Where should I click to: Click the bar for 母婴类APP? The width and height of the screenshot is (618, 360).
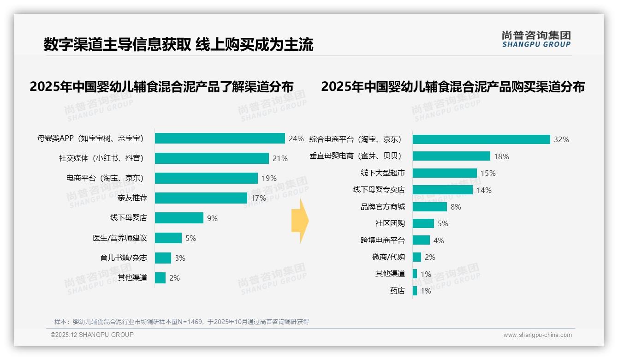coord(220,138)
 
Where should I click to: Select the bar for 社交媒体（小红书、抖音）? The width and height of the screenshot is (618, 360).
coord(212,158)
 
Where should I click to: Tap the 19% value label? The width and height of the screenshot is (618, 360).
coord(269,178)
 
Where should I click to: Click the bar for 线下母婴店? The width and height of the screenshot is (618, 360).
coord(179,218)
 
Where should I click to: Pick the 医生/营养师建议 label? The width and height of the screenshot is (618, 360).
coord(120,238)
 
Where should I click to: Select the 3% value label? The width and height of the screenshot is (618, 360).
coord(180,258)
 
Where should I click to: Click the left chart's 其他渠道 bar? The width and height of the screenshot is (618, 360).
coord(160,278)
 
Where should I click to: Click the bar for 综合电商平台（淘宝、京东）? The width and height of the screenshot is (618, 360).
coord(481,139)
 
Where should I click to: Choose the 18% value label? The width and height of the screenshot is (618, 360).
coord(501,156)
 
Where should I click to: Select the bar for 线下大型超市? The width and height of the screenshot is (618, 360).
coord(445,173)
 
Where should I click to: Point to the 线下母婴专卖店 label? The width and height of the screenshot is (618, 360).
coord(379,190)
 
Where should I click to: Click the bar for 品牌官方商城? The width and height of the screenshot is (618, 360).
coord(430,207)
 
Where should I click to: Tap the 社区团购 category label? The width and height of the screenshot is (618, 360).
coord(390,223)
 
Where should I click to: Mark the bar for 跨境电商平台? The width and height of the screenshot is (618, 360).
coord(421,240)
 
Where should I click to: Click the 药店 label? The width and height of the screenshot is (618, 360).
coord(398,291)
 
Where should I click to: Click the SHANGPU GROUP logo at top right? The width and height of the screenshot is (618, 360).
coord(536,39)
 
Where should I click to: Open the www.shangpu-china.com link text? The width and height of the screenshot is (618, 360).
coord(537,335)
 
